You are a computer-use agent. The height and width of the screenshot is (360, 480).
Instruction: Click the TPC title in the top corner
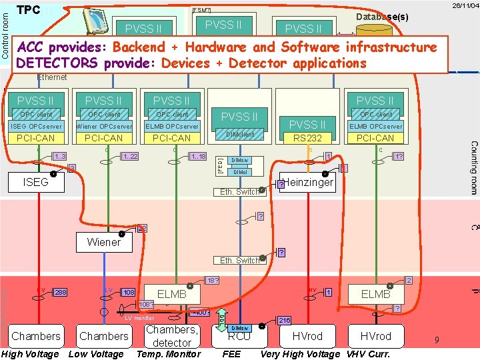(29, 10)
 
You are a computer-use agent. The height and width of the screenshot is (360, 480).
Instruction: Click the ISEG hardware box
(37, 182)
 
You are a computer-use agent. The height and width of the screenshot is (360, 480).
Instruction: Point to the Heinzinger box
(309, 182)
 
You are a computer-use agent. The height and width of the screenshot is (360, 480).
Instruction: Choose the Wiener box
(103, 242)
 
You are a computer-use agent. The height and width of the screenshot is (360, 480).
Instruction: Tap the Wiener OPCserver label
(103, 126)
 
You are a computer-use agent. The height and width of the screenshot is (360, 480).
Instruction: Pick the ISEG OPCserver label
(35, 126)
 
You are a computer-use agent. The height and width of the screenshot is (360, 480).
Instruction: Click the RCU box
(239, 336)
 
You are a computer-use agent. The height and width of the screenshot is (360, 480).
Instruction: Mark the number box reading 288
(61, 292)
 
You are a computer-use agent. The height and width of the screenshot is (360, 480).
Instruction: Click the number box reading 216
(283, 321)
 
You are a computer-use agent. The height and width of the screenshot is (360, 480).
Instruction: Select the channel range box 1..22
(130, 156)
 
